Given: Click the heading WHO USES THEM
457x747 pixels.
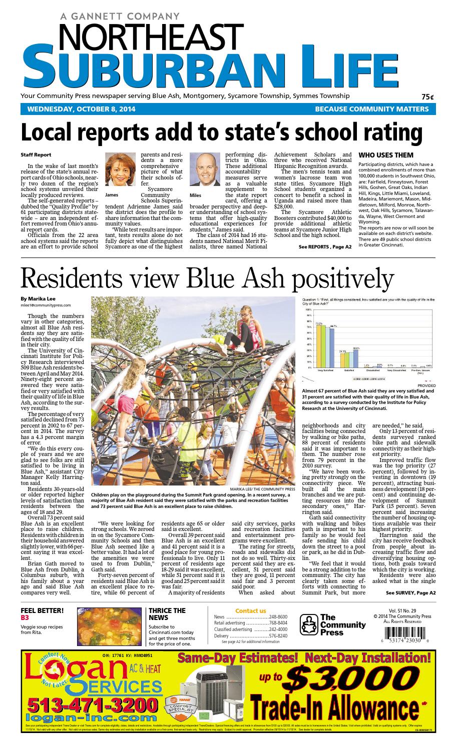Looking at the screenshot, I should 386,155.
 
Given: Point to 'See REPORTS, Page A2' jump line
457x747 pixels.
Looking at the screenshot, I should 325,247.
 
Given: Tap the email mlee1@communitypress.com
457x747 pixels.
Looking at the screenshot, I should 46,305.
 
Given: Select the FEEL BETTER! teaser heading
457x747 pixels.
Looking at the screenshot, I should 42,610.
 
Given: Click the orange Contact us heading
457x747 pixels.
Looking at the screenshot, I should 250,610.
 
